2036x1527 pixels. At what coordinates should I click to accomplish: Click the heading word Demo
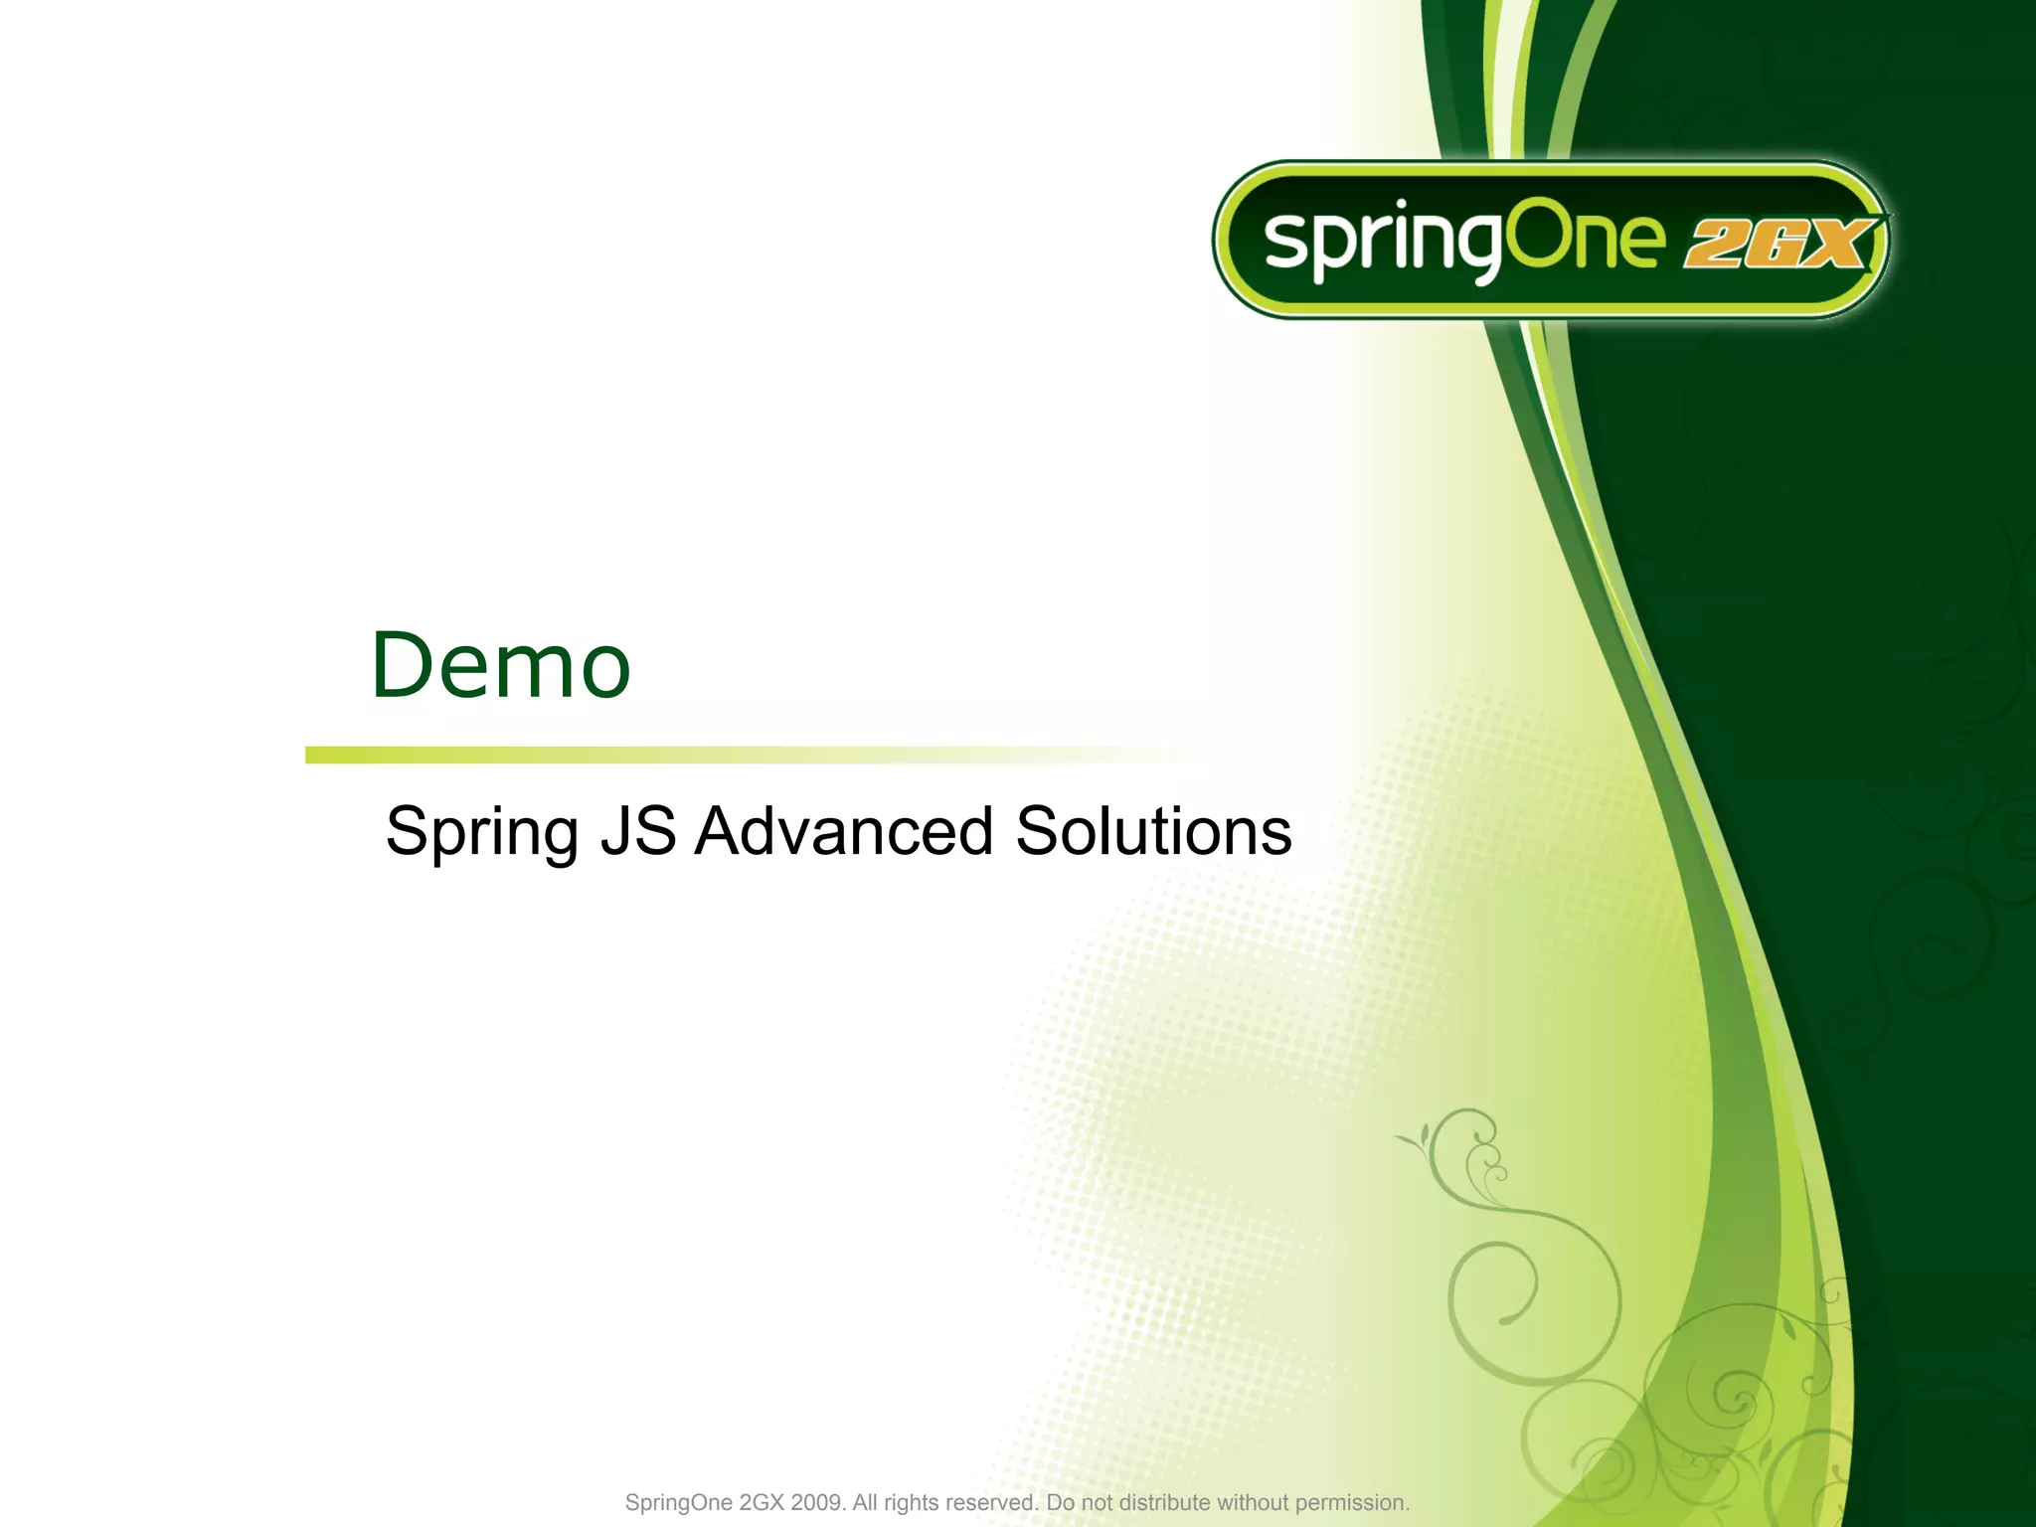coord(500,665)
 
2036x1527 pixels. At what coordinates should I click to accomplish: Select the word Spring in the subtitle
coord(481,833)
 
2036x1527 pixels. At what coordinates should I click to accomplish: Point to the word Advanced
coord(843,831)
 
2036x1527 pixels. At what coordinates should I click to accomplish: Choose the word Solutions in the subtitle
coord(1153,831)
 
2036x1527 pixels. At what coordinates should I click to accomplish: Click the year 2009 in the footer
coord(817,1502)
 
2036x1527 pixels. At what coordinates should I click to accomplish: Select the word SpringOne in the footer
coord(678,1502)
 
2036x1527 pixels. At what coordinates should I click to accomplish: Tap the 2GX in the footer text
coord(762,1502)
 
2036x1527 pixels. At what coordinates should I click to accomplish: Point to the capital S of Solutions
coord(1037,831)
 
